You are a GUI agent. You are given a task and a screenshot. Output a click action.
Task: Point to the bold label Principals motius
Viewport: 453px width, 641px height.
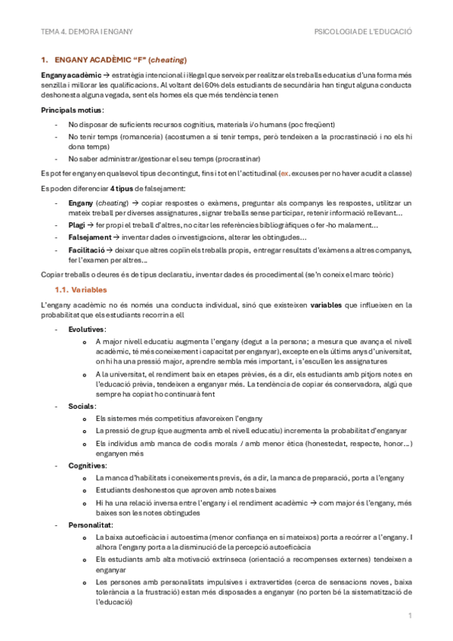(73, 110)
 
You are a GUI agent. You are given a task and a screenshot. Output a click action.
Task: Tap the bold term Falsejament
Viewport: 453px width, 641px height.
(88, 237)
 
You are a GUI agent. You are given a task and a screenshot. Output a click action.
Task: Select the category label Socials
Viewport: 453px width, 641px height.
(81, 406)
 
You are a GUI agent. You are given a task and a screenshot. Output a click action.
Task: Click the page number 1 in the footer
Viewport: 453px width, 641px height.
(409, 618)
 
